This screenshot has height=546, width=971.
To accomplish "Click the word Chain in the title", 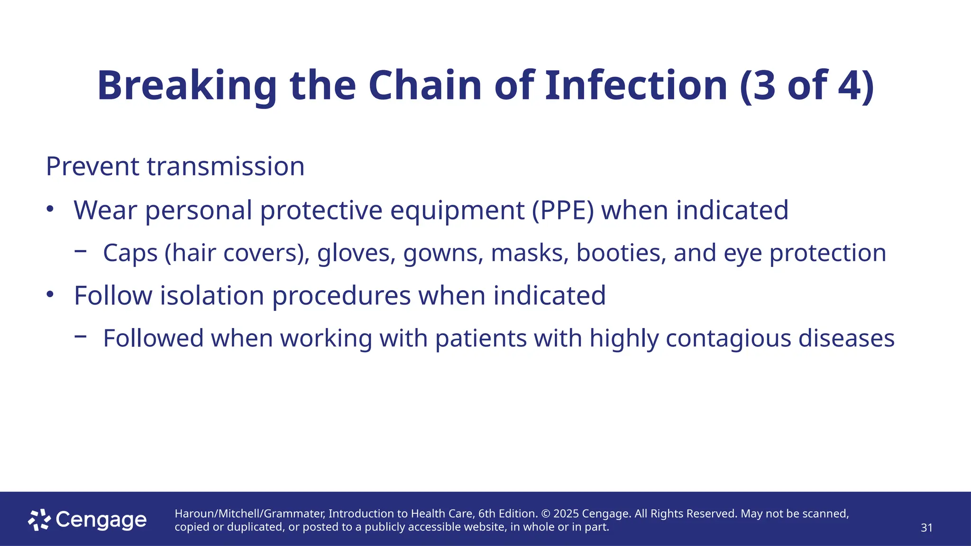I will pyautogui.click(x=425, y=86).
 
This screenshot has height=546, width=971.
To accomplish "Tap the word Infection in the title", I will pyautogui.click(x=636, y=86).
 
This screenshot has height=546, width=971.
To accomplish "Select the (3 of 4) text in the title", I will pyautogui.click(x=806, y=86).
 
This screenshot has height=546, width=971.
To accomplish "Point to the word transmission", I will pyautogui.click(x=226, y=167).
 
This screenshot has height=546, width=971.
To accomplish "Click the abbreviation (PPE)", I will pyautogui.click(x=563, y=210).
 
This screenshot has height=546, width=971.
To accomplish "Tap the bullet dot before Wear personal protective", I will pyautogui.click(x=50, y=209).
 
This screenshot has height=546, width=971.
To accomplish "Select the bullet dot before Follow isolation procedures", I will pyautogui.click(x=50, y=295).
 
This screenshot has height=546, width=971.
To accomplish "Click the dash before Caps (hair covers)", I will pyautogui.click(x=81, y=251).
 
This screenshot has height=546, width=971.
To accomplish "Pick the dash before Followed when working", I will pyautogui.click(x=81, y=337).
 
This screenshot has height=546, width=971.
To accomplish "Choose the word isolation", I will pyautogui.click(x=212, y=296).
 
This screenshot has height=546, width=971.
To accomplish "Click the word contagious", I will pyautogui.click(x=728, y=339).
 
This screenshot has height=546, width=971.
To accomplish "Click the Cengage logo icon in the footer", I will pyautogui.click(x=39, y=520).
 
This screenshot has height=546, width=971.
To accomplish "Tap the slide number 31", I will pyautogui.click(x=926, y=528).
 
